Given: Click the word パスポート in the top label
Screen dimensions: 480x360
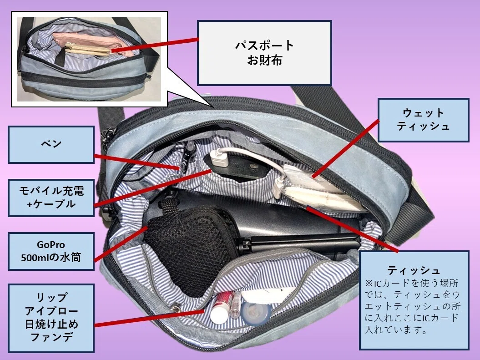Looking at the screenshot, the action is [264, 46].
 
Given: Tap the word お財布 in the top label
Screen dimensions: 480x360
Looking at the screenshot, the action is [264, 61].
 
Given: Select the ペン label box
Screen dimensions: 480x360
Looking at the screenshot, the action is [51, 144].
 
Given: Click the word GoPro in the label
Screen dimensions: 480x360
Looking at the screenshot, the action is [51, 244].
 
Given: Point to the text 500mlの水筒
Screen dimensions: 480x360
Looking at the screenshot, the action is [51, 258].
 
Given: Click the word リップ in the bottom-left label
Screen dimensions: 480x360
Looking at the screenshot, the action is [51, 297].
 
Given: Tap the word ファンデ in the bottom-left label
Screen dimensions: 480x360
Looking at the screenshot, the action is [51, 337].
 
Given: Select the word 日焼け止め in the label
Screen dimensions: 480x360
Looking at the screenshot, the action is [51, 324].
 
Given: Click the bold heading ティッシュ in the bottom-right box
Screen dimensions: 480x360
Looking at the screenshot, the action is [414, 270].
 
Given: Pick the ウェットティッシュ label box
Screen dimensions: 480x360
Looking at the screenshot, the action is [424, 120].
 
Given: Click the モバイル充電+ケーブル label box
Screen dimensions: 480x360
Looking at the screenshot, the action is [51, 198].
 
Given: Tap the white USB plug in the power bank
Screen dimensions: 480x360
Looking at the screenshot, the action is [219, 159].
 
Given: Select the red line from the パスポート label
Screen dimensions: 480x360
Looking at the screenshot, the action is [155, 46].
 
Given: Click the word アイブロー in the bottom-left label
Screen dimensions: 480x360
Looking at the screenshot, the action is [51, 311].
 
